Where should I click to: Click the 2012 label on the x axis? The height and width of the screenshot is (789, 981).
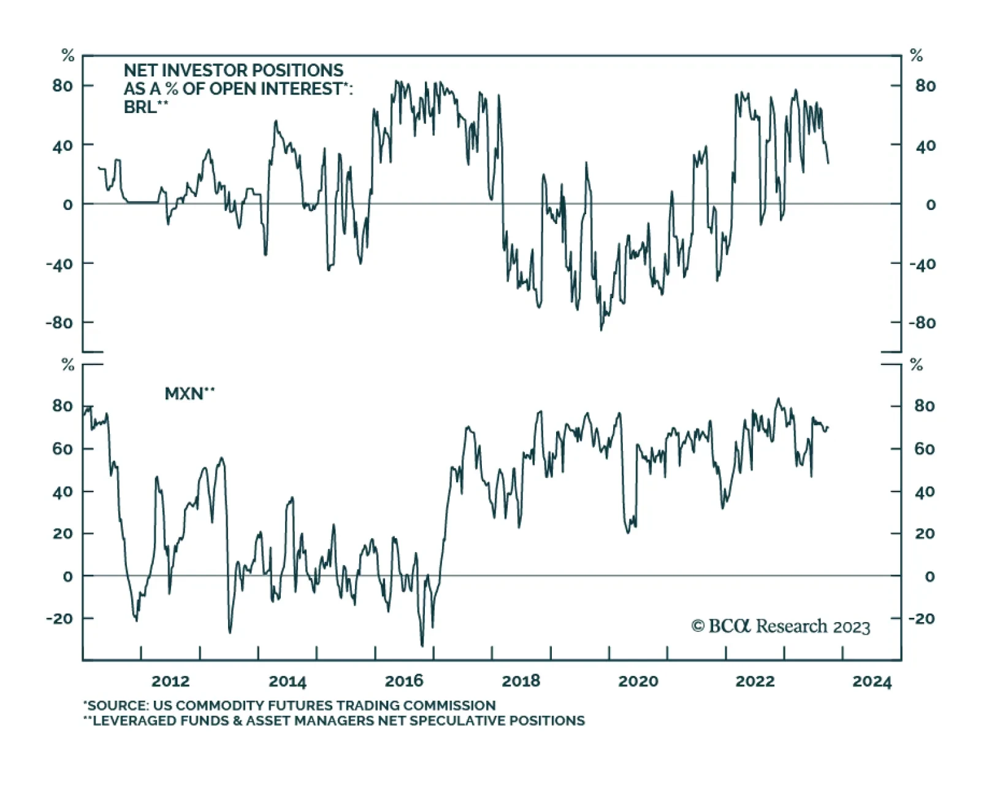(170, 681)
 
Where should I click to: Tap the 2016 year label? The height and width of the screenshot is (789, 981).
(404, 681)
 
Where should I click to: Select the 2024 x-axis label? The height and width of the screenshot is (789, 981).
(872, 682)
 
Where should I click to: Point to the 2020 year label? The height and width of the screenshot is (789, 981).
(638, 681)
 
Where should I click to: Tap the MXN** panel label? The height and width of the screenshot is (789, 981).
(189, 393)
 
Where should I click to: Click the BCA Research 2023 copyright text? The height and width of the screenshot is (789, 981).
(781, 626)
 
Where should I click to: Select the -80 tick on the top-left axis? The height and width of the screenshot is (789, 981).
(59, 323)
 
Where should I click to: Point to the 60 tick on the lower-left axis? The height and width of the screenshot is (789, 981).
(63, 448)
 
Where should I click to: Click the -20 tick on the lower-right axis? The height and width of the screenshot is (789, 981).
(922, 618)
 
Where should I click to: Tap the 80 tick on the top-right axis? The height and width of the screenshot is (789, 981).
(925, 86)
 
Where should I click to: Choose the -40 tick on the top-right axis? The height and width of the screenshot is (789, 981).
(922, 264)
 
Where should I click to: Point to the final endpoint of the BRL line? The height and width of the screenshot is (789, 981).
(828, 163)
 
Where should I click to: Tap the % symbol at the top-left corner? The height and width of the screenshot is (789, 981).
(67, 56)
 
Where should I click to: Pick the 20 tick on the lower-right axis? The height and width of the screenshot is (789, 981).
(925, 534)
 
